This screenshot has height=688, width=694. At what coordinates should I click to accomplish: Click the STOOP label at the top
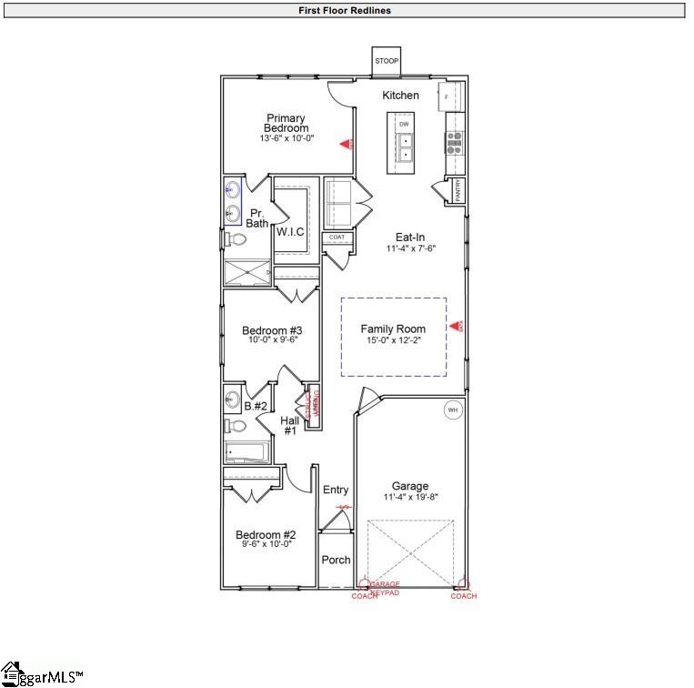click(x=387, y=61)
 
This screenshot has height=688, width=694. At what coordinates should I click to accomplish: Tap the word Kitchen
click(x=400, y=96)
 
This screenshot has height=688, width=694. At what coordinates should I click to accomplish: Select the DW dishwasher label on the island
click(x=404, y=123)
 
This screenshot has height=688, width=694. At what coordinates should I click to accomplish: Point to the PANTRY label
click(x=459, y=192)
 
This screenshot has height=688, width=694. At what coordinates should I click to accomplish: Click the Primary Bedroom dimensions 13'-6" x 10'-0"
click(x=287, y=138)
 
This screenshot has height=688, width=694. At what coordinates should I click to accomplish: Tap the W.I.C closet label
click(x=290, y=232)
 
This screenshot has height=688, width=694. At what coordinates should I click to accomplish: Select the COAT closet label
click(x=337, y=237)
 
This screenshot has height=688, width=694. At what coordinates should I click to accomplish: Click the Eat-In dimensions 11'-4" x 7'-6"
click(x=411, y=248)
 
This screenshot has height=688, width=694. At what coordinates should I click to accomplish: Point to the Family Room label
click(x=393, y=329)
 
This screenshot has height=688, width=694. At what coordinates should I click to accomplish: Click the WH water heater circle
click(x=452, y=410)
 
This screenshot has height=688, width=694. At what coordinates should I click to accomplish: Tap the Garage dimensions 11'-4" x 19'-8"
click(x=410, y=497)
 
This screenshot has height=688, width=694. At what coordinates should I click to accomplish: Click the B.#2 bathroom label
click(x=256, y=406)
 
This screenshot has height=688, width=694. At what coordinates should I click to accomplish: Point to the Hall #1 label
click(x=290, y=425)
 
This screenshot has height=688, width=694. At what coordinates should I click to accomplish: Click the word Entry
click(x=336, y=491)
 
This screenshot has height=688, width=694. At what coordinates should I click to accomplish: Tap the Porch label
click(x=336, y=560)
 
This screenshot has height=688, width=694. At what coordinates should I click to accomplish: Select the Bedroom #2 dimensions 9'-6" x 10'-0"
click(x=266, y=544)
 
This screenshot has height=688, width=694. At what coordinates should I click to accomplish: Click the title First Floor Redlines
click(x=346, y=11)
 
